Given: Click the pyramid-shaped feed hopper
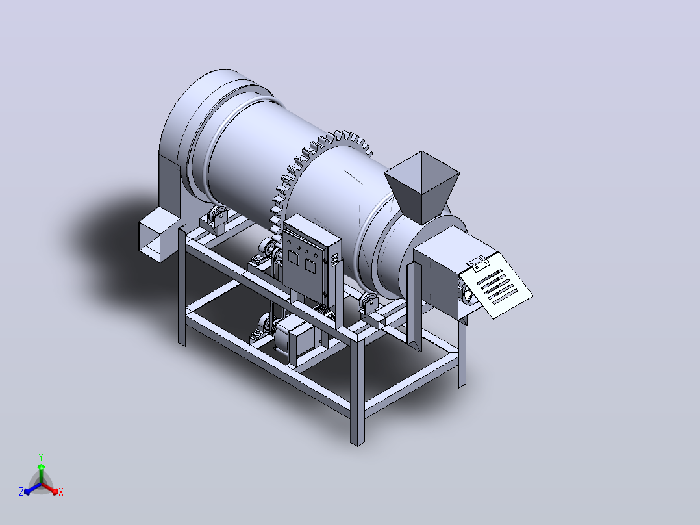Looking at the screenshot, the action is pos(422,185).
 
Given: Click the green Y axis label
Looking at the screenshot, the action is pos(41,457).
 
